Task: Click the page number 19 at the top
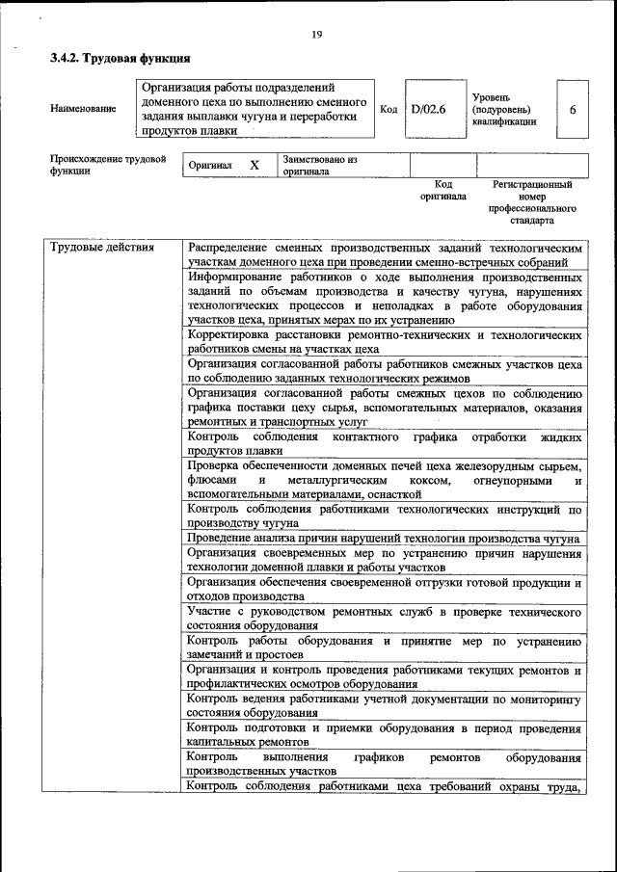pyautogui.click(x=315, y=36)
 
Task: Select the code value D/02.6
pyautogui.click(x=428, y=110)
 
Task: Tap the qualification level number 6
pyautogui.click(x=572, y=110)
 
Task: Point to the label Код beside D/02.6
pyautogui.click(x=388, y=110)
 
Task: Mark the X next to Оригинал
pyautogui.click(x=255, y=165)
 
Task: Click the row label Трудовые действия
pyautogui.click(x=102, y=248)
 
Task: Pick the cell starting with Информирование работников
pyautogui.click(x=384, y=299)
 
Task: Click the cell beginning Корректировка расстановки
pyautogui.click(x=384, y=342)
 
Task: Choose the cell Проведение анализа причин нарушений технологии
pyautogui.click(x=384, y=539)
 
